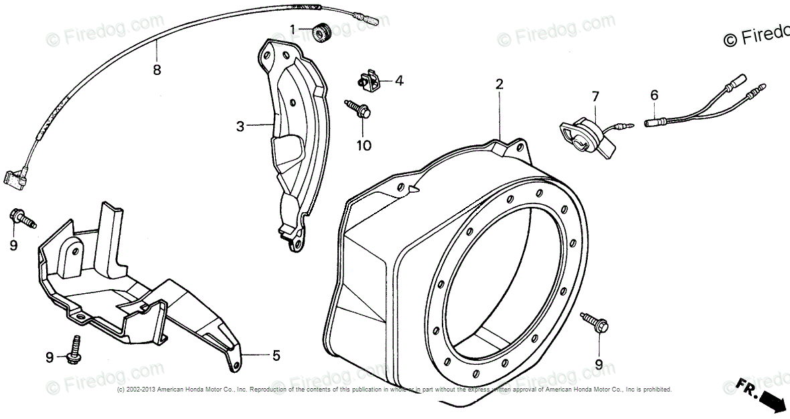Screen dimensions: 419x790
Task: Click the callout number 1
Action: [x=293, y=29]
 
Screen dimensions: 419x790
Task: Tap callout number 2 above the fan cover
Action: [x=499, y=84]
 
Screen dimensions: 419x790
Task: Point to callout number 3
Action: [x=240, y=124]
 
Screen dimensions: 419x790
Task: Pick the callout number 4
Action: [x=399, y=81]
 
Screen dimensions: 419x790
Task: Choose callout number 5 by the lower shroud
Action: [x=276, y=356]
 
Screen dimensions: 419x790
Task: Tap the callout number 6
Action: [x=654, y=96]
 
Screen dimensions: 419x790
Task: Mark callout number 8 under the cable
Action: [x=157, y=69]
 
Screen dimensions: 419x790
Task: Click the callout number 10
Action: [x=364, y=145]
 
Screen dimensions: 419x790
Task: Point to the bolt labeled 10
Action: [x=359, y=110]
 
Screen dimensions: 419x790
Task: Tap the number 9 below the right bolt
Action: [x=599, y=364]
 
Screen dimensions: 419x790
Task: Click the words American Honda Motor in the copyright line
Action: [x=188, y=390]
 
